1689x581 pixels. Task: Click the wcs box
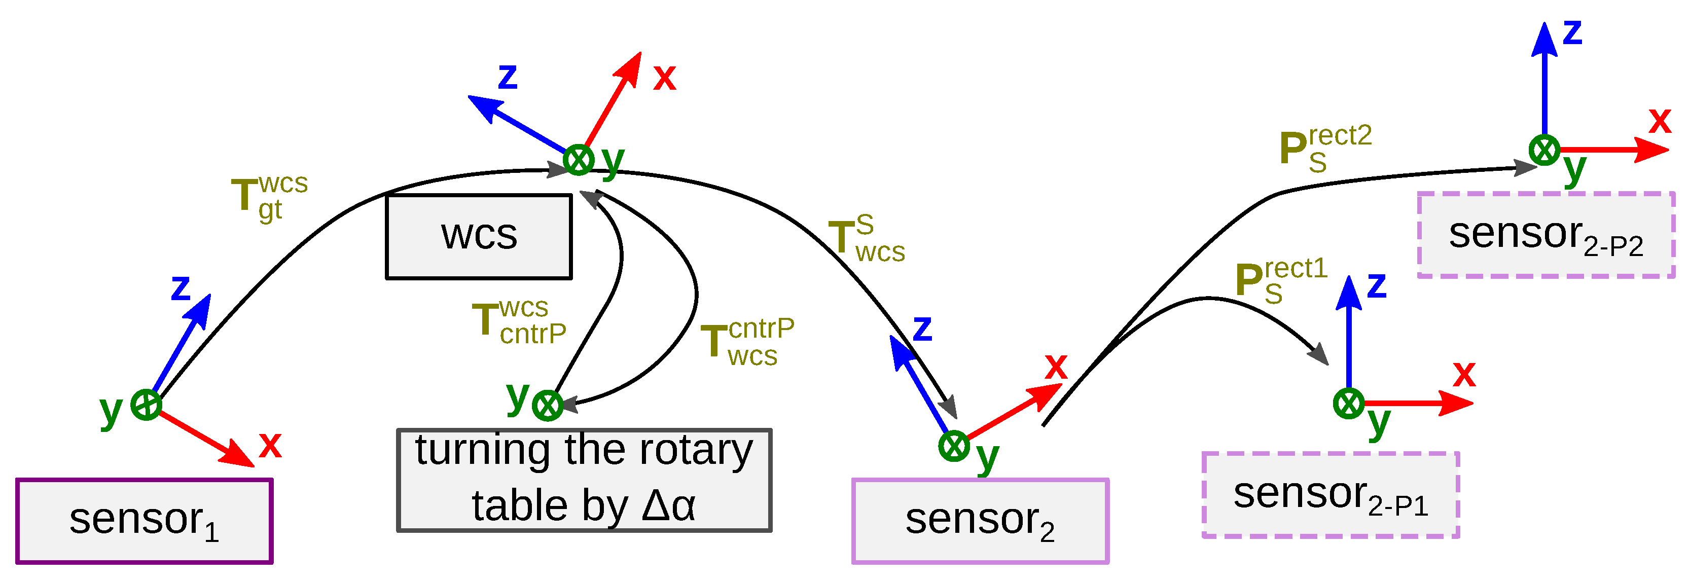coord(479,236)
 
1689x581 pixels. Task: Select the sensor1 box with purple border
coord(144,521)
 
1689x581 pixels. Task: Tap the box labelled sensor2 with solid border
coord(980,521)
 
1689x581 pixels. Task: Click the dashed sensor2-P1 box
coord(1331,495)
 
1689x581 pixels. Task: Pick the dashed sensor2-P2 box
coord(1546,235)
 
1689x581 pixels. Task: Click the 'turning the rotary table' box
coord(584,480)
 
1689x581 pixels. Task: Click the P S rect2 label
coord(1324,148)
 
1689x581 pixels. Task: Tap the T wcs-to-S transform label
coord(866,239)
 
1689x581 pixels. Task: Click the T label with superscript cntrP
coord(746,342)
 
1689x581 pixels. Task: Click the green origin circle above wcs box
coord(579,159)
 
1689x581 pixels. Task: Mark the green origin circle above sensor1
coord(146,405)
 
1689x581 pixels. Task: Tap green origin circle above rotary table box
coord(547,405)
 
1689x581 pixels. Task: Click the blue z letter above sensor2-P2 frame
coord(1572,33)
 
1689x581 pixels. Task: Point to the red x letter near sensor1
coord(269,445)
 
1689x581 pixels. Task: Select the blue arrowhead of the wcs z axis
coord(484,106)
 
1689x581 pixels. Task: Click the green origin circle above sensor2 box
coord(953,447)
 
